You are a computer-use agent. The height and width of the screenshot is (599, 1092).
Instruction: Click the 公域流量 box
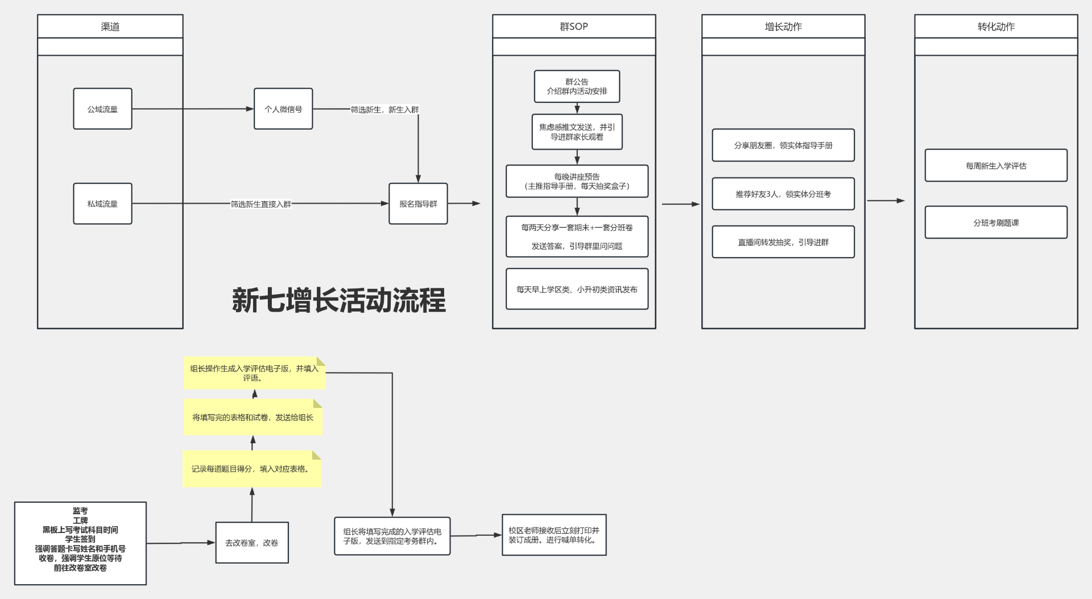[102, 109]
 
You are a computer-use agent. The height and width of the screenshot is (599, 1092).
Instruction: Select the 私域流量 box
[102, 204]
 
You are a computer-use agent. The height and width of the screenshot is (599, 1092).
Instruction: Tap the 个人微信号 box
[283, 109]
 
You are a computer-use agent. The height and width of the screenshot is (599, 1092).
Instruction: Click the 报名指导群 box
[418, 204]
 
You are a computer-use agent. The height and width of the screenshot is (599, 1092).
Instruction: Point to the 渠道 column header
[110, 27]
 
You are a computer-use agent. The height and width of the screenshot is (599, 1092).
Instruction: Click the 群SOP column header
[574, 27]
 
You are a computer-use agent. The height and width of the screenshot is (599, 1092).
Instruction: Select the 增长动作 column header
[783, 27]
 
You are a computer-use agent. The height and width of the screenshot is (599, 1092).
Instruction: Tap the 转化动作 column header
[996, 27]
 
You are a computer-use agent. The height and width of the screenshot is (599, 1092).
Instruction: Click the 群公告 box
[577, 86]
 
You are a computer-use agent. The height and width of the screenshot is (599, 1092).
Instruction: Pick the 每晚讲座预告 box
[577, 181]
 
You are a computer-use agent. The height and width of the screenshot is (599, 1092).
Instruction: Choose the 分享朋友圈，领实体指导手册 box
[783, 145]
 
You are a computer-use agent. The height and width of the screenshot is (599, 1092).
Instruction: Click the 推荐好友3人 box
[783, 194]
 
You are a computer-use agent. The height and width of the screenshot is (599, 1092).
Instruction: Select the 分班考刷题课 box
[996, 222]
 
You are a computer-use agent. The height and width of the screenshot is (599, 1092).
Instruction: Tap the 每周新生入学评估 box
[996, 166]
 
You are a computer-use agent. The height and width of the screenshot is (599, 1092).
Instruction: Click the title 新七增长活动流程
[339, 300]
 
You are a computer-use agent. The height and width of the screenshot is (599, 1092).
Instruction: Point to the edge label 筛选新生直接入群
[261, 204]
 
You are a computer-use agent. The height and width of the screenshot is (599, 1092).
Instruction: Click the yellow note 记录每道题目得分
[253, 469]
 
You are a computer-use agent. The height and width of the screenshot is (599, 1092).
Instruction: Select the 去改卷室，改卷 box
[252, 543]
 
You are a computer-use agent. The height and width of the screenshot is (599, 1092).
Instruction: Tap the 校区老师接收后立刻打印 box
[554, 535]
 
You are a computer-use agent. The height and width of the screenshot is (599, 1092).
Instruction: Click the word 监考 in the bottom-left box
[80, 511]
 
